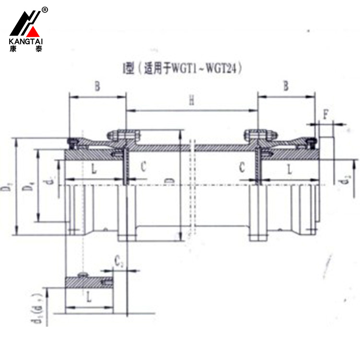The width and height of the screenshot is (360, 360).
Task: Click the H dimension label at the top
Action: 191,101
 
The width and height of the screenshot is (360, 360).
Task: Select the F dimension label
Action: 326,115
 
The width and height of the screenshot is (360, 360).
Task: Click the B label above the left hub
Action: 97,86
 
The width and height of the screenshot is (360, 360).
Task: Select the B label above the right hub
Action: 286,86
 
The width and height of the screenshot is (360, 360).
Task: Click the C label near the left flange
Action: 143,167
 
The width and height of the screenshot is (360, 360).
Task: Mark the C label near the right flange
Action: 242,167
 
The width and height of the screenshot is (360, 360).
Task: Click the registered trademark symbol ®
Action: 45,9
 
